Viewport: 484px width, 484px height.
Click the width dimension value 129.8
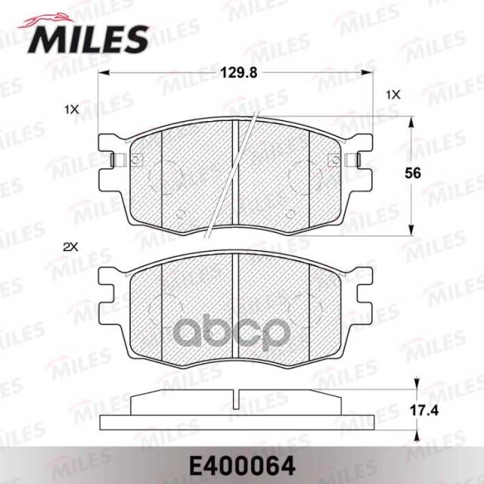(239, 73)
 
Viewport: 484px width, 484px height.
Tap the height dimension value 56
(413, 173)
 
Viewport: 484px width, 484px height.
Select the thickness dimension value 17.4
(424, 411)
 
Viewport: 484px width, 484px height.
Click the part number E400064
(242, 467)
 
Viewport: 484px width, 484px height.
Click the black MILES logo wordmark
(88, 39)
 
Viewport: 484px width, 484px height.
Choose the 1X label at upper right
(393, 95)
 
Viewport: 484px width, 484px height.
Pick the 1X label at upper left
(72, 110)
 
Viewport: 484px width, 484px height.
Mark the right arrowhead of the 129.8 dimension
(368, 73)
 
